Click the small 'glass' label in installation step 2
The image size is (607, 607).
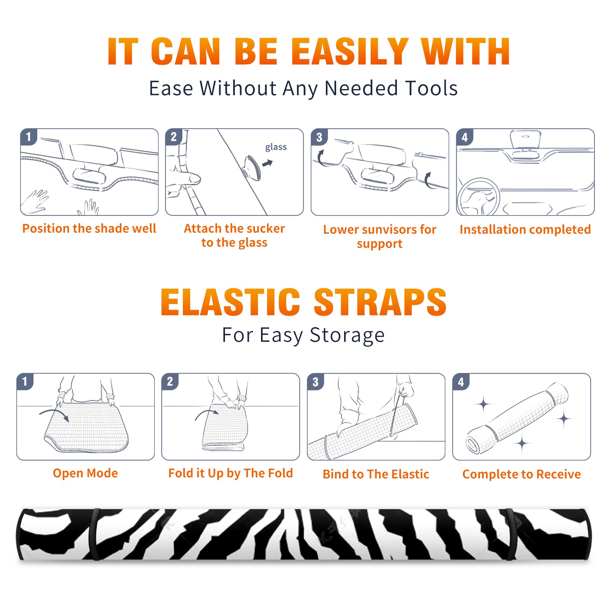(276, 147)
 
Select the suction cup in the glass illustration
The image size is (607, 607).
(252, 167)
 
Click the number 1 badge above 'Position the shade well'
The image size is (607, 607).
(28, 137)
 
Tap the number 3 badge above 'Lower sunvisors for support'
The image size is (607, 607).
(319, 137)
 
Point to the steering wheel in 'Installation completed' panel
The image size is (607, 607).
(478, 197)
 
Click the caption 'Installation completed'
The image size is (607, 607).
(525, 229)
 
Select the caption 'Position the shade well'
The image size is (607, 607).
(89, 228)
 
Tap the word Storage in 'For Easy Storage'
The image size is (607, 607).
(347, 335)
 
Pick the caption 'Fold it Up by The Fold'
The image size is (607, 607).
(231, 473)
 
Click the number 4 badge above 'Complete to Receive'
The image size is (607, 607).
(461, 382)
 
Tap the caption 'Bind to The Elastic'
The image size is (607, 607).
(376, 474)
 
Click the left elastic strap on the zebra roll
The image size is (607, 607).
(94, 534)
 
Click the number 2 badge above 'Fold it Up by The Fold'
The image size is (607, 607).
(170, 382)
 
